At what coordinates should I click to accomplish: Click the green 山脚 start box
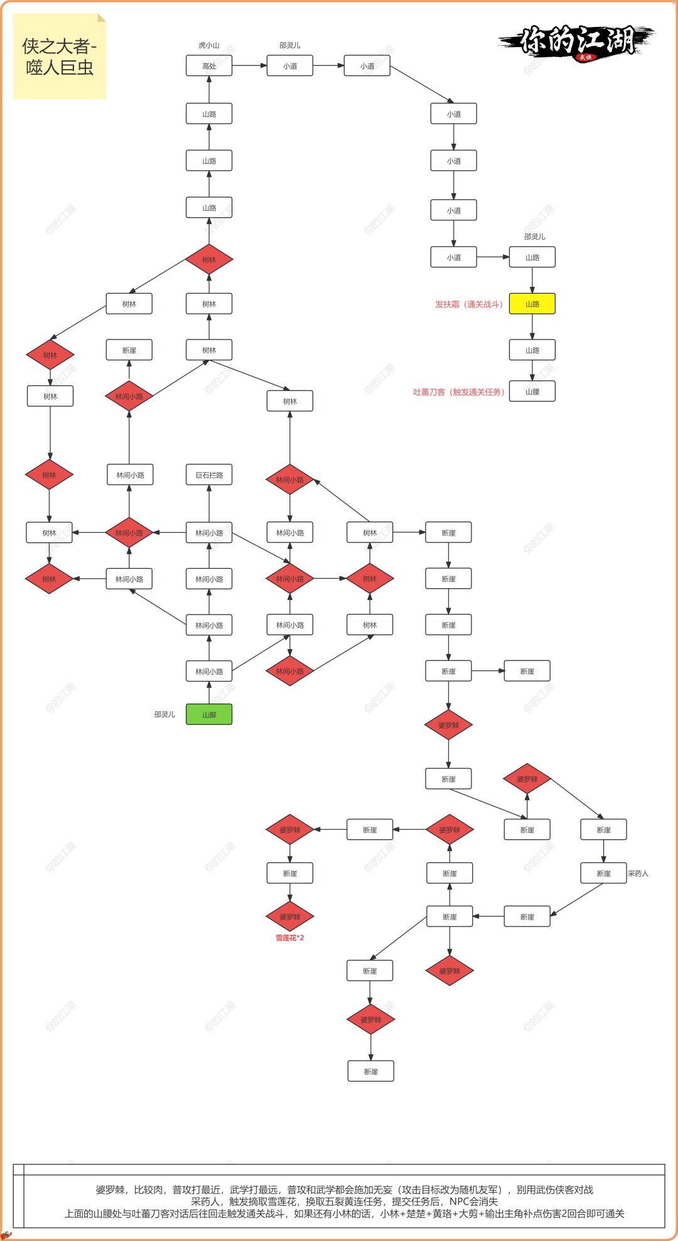point(209,714)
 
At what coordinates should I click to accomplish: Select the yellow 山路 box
point(532,304)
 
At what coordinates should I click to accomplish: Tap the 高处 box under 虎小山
point(209,66)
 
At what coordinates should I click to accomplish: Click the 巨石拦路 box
point(209,475)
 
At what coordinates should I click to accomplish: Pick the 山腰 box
point(532,391)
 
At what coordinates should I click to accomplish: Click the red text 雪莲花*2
point(289,938)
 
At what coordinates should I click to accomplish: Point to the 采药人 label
point(638,873)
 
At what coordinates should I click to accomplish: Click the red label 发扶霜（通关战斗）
point(469,304)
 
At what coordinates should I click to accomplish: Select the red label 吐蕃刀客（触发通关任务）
point(459,392)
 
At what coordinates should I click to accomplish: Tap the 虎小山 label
point(209,45)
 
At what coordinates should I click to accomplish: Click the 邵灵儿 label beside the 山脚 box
point(164,714)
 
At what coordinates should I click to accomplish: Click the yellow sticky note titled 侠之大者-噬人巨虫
point(60,56)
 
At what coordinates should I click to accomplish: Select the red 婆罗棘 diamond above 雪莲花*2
point(289,917)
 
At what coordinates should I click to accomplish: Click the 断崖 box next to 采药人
point(603,873)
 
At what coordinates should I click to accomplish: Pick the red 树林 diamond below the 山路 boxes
point(209,260)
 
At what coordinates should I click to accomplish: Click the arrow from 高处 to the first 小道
point(249,66)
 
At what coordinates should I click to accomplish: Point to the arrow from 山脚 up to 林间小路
point(209,693)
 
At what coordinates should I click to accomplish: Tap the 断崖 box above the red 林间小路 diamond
point(129,350)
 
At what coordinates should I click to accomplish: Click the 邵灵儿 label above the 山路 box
point(534,237)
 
